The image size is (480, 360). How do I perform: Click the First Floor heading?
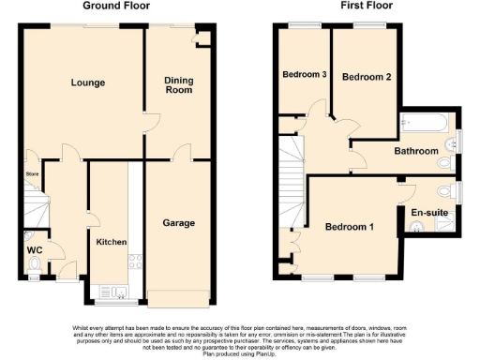(x=339, y=6)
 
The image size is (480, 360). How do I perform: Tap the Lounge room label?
(x=87, y=82)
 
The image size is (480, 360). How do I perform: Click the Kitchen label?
(x=112, y=242)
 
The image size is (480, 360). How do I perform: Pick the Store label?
(x=31, y=173)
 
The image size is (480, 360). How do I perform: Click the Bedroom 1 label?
(x=349, y=227)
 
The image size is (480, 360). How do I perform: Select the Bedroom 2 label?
(x=365, y=77)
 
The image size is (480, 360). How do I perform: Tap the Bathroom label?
(x=415, y=151)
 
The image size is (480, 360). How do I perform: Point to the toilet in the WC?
(x=35, y=266)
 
